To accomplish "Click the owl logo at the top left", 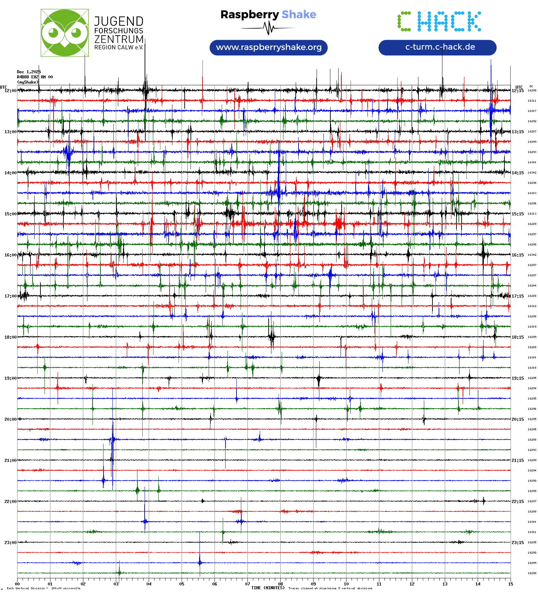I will click(x=64, y=33).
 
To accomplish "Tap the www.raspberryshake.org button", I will click(x=269, y=47).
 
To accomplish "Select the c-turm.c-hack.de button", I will click(x=437, y=47).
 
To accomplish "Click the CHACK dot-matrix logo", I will click(x=439, y=22).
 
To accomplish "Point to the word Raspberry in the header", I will click(x=249, y=14).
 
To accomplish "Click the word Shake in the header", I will click(x=299, y=14).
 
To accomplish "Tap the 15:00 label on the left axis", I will click(x=10, y=214).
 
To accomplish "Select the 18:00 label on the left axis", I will click(x=10, y=337).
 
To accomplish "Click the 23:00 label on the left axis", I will click(x=10, y=543).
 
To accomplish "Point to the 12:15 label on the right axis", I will click(x=517, y=91).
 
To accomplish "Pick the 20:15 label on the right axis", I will click(x=517, y=419).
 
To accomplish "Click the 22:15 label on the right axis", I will click(x=517, y=502).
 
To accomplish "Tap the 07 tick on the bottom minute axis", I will click(x=247, y=584).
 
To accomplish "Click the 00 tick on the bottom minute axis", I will click(x=17, y=584).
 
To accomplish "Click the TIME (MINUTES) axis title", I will click(x=268, y=588).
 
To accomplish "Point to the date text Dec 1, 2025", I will click(x=29, y=72).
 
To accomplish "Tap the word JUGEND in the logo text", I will click(x=119, y=21).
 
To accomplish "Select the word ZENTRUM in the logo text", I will click(x=119, y=39).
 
